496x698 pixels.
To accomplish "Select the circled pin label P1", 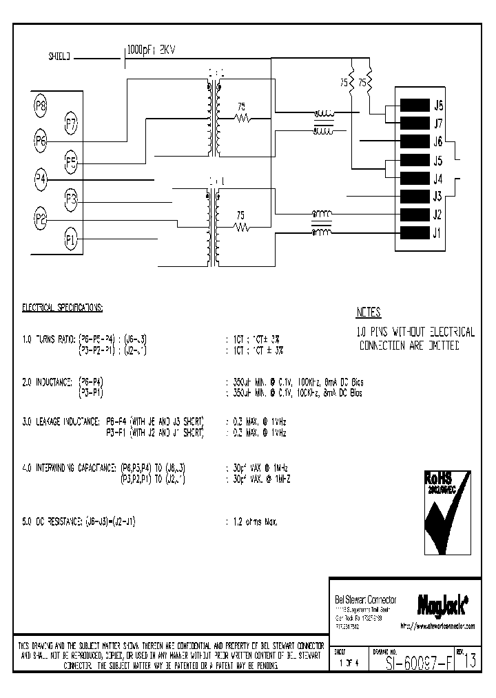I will (70, 239).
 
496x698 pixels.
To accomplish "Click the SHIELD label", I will (59, 58).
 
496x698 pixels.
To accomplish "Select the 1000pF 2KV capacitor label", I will (152, 50).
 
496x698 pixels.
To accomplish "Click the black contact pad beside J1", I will (413, 233).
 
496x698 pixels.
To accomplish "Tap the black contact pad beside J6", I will (413, 141).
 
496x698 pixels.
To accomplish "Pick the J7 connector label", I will (438, 123).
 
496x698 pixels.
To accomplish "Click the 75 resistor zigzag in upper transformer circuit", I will (241, 119).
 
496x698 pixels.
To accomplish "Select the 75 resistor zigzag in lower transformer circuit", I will (241, 226).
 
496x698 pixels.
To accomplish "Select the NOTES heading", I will (369, 312).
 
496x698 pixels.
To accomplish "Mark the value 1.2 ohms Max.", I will (252, 523).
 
